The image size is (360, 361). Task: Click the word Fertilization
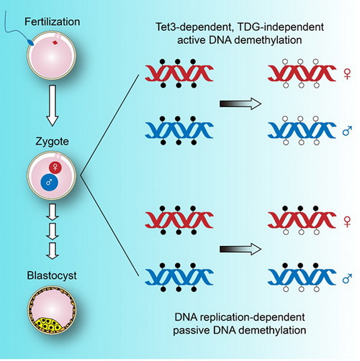pos(53,22)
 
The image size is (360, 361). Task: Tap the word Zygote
pos(52,142)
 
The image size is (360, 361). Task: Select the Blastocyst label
pos(52,275)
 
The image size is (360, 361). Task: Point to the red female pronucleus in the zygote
pos(55,167)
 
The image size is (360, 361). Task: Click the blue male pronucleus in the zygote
pos(50,183)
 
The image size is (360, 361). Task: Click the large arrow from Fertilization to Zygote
pos(53,106)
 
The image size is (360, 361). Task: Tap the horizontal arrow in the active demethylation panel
pos(240,104)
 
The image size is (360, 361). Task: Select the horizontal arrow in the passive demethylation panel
pos(240,250)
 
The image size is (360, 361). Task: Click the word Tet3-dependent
pos(195,27)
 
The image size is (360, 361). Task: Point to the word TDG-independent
pos(281,27)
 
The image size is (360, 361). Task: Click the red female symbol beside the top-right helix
pos(347,73)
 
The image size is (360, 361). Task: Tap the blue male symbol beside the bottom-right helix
pos(347,278)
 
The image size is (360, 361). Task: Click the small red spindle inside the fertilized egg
pos(55,42)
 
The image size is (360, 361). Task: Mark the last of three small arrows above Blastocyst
pos(53,251)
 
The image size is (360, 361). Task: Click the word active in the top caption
pos(191,40)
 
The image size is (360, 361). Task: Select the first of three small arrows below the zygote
pos(53,212)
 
